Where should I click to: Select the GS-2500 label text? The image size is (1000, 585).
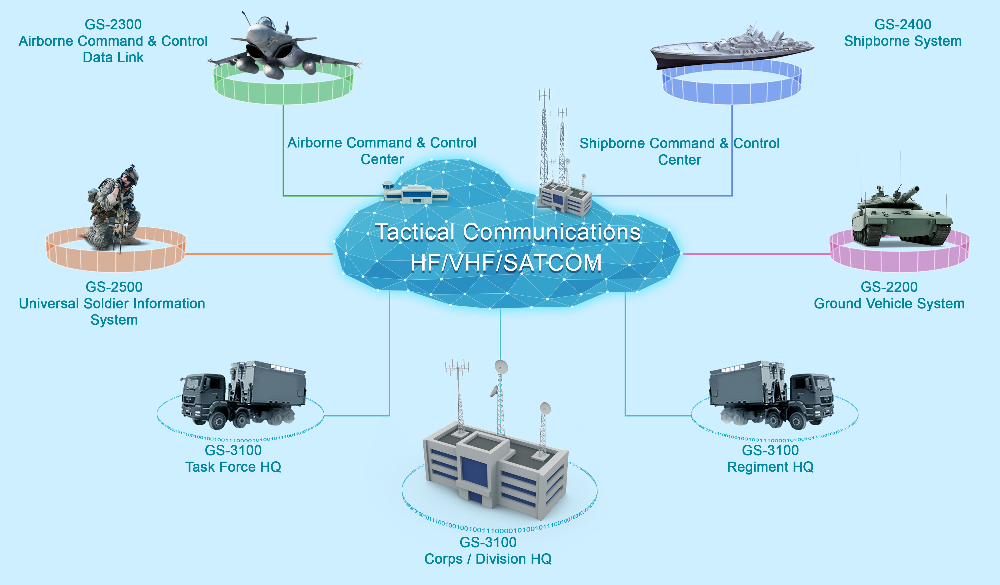[114, 287]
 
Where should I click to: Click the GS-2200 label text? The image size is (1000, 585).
[889, 287]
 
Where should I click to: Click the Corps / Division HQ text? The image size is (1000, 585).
[488, 559]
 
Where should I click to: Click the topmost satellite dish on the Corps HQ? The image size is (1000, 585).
[501, 366]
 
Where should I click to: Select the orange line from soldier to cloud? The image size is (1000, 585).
[258, 254]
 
